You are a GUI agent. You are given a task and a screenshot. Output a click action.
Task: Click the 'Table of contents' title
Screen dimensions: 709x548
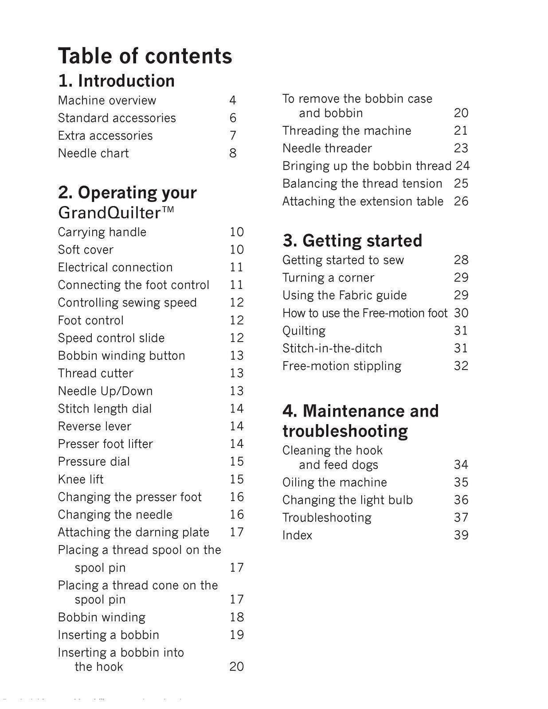tap(145, 56)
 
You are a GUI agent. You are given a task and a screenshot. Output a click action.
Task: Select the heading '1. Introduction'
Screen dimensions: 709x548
tap(116, 81)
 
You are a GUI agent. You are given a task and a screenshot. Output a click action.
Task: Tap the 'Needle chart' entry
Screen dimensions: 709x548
tap(93, 153)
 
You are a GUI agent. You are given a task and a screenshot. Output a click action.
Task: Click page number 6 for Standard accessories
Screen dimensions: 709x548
tap(233, 118)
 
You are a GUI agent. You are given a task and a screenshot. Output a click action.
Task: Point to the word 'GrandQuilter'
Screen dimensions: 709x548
tap(109, 213)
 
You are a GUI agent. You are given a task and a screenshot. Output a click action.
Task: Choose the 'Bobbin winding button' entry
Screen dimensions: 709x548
tap(121, 356)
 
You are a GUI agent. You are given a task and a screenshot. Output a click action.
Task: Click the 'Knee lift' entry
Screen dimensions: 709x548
tap(81, 479)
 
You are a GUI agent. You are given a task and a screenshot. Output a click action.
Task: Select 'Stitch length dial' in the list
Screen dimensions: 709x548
tap(105, 409)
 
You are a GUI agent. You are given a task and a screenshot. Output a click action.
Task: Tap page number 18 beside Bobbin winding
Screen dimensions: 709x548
tap(237, 617)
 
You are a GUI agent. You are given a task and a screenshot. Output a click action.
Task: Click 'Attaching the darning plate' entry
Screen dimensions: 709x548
tap(133, 532)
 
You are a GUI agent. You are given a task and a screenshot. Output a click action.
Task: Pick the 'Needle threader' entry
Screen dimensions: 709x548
tap(327, 148)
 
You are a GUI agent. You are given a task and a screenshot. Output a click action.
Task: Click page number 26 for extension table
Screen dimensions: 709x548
tap(461, 202)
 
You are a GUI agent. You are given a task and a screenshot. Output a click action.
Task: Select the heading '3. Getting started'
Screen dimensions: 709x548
tap(352, 241)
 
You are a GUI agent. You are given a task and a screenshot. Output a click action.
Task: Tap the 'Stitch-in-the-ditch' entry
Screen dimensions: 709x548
tap(332, 349)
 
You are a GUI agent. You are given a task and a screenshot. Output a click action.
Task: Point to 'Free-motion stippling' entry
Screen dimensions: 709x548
tap(342, 366)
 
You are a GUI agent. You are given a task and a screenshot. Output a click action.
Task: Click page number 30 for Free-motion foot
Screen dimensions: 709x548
tap(461, 313)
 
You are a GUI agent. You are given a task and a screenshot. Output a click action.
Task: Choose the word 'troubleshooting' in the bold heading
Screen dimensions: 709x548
tap(345, 431)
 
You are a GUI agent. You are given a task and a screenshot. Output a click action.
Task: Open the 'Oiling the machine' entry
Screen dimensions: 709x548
tap(335, 483)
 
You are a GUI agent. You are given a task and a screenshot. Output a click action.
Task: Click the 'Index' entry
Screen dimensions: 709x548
tap(297, 535)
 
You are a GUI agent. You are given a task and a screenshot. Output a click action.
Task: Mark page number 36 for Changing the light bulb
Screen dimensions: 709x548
tap(461, 500)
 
